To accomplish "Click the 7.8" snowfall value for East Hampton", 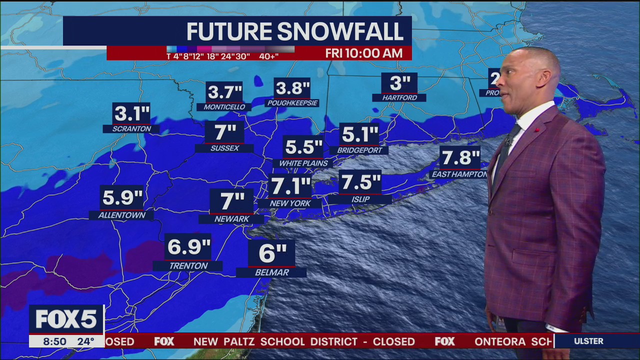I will [x=460, y=158].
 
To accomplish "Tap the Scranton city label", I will [x=131, y=129].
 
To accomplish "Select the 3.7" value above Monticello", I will [x=224, y=92].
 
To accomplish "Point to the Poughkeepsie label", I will [x=292, y=103].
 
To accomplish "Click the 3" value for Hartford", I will [x=399, y=83].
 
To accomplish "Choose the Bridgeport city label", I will [x=359, y=150].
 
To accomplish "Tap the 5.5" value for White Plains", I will [x=303, y=147].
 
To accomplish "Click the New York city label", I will [x=290, y=203].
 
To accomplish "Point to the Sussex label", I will [x=225, y=148].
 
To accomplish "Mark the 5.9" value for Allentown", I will [x=122, y=197].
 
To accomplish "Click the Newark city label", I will [x=231, y=219].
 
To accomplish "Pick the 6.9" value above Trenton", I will [x=188, y=246].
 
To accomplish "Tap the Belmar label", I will [x=271, y=272].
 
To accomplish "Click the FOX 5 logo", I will [x=65, y=319].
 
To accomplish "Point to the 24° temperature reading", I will [x=85, y=341].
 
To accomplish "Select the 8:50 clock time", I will [x=54, y=341].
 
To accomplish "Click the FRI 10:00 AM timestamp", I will [x=363, y=53].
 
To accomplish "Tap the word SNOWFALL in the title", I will [x=340, y=31].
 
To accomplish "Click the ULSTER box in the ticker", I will [x=588, y=341].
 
